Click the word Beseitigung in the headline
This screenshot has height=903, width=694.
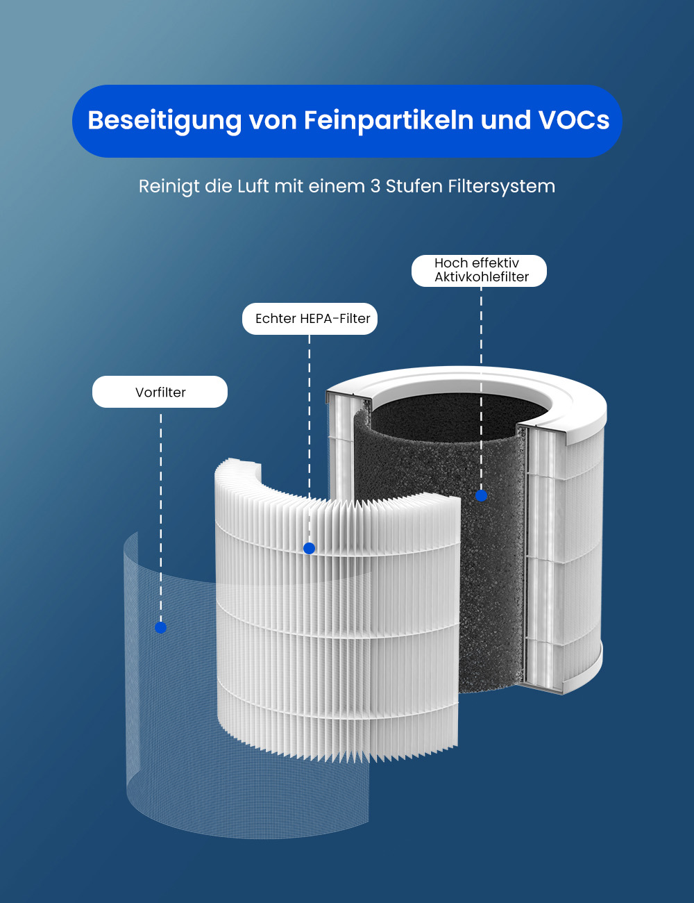pos(164,121)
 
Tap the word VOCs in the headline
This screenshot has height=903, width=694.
pos(574,120)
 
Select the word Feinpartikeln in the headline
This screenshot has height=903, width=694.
pos(389,121)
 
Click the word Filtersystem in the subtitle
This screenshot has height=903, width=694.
pos(501,186)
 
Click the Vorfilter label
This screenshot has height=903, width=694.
pos(160,392)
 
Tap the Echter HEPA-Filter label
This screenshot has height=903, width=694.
pos(310,319)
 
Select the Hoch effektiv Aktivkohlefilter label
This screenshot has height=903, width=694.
pos(479,270)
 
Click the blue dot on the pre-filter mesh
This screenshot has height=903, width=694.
pos(160,627)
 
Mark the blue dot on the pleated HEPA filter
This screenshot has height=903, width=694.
pos(310,549)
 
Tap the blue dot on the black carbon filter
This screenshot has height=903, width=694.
pos(481,495)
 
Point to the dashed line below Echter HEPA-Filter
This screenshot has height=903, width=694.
pos(310,439)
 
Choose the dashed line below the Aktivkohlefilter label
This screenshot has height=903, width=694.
pos(481,388)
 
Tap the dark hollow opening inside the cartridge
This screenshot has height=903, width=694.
pos(457,413)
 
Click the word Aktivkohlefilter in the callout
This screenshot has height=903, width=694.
pos(482,277)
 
